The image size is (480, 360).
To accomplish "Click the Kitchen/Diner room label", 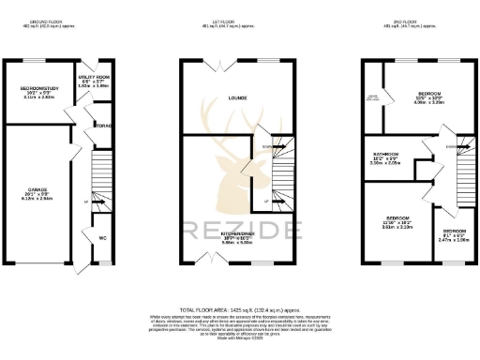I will point(234,233).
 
